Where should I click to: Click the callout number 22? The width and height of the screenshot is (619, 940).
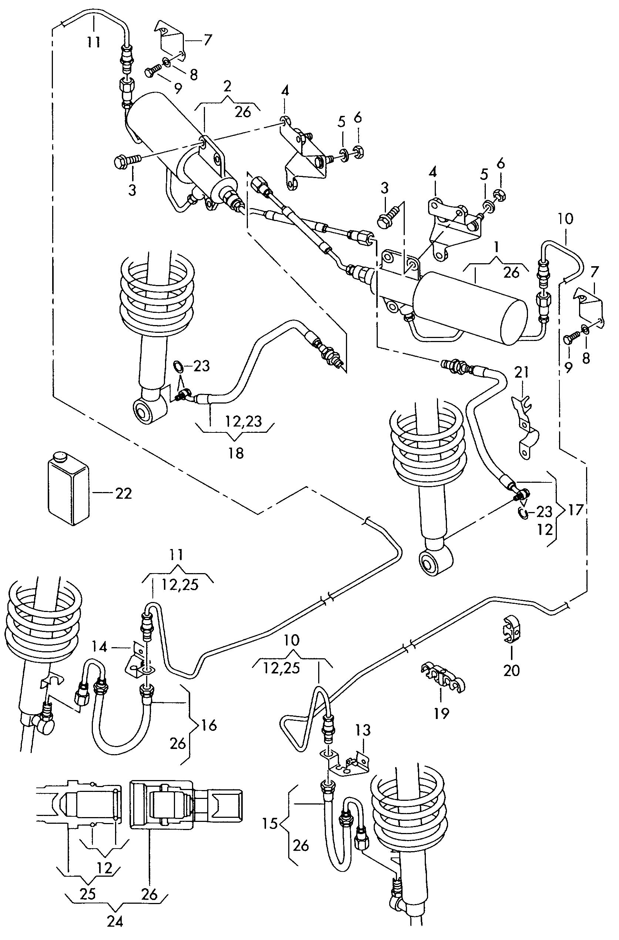(x=123, y=494)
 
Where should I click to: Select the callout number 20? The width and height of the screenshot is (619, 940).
(x=512, y=670)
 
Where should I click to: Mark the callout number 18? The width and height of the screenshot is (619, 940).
(x=236, y=453)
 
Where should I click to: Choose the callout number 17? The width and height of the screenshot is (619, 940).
(x=576, y=510)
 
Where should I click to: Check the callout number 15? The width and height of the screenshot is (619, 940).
(x=270, y=824)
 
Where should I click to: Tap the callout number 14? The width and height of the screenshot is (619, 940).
(x=100, y=647)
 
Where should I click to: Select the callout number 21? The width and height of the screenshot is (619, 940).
(x=521, y=372)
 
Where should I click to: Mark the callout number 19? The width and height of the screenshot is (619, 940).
(x=442, y=713)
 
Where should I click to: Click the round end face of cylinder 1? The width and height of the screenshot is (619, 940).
(x=513, y=319)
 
